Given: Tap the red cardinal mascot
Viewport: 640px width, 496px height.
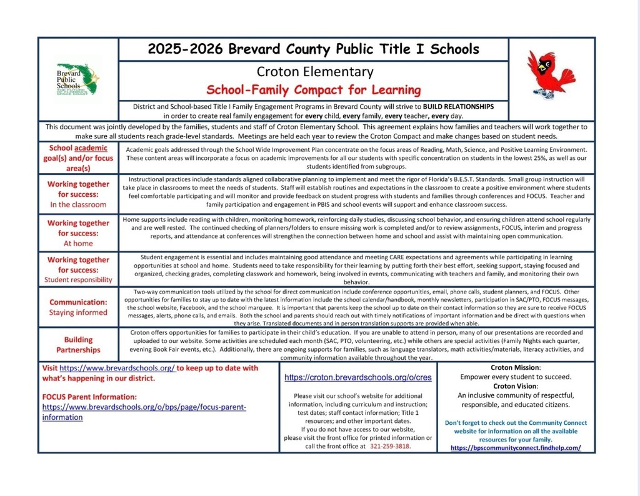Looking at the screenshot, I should [x=549, y=75].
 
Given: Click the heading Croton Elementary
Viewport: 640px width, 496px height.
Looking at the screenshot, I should [x=314, y=72].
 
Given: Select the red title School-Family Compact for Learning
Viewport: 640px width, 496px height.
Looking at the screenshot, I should [x=314, y=89].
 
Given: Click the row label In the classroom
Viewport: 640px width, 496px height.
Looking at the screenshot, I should [x=78, y=204].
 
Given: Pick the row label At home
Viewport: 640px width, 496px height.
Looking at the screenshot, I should [x=78, y=243].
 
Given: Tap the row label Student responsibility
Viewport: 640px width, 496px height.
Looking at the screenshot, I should [x=78, y=280].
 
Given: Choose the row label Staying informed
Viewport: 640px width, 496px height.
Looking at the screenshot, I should [x=78, y=312].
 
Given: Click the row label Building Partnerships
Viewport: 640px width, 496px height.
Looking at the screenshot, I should [x=78, y=345].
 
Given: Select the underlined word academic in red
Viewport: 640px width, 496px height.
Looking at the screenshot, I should [x=91, y=148].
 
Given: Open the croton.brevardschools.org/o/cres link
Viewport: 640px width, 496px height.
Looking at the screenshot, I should [x=358, y=378].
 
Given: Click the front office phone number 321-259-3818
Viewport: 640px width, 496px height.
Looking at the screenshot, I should [x=391, y=447].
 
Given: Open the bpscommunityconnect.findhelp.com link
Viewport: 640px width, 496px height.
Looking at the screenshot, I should [x=515, y=448].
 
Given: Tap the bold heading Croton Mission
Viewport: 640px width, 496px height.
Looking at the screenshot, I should [x=516, y=368].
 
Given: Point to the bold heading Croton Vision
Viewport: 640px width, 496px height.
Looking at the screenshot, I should [x=516, y=386].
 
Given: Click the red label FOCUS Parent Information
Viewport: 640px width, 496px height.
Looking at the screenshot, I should [x=89, y=397].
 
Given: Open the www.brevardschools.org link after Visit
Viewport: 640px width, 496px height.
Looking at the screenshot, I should [x=117, y=369].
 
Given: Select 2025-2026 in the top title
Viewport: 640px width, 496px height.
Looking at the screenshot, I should [x=181, y=49].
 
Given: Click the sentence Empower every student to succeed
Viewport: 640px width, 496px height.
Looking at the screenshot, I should [x=516, y=377].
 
